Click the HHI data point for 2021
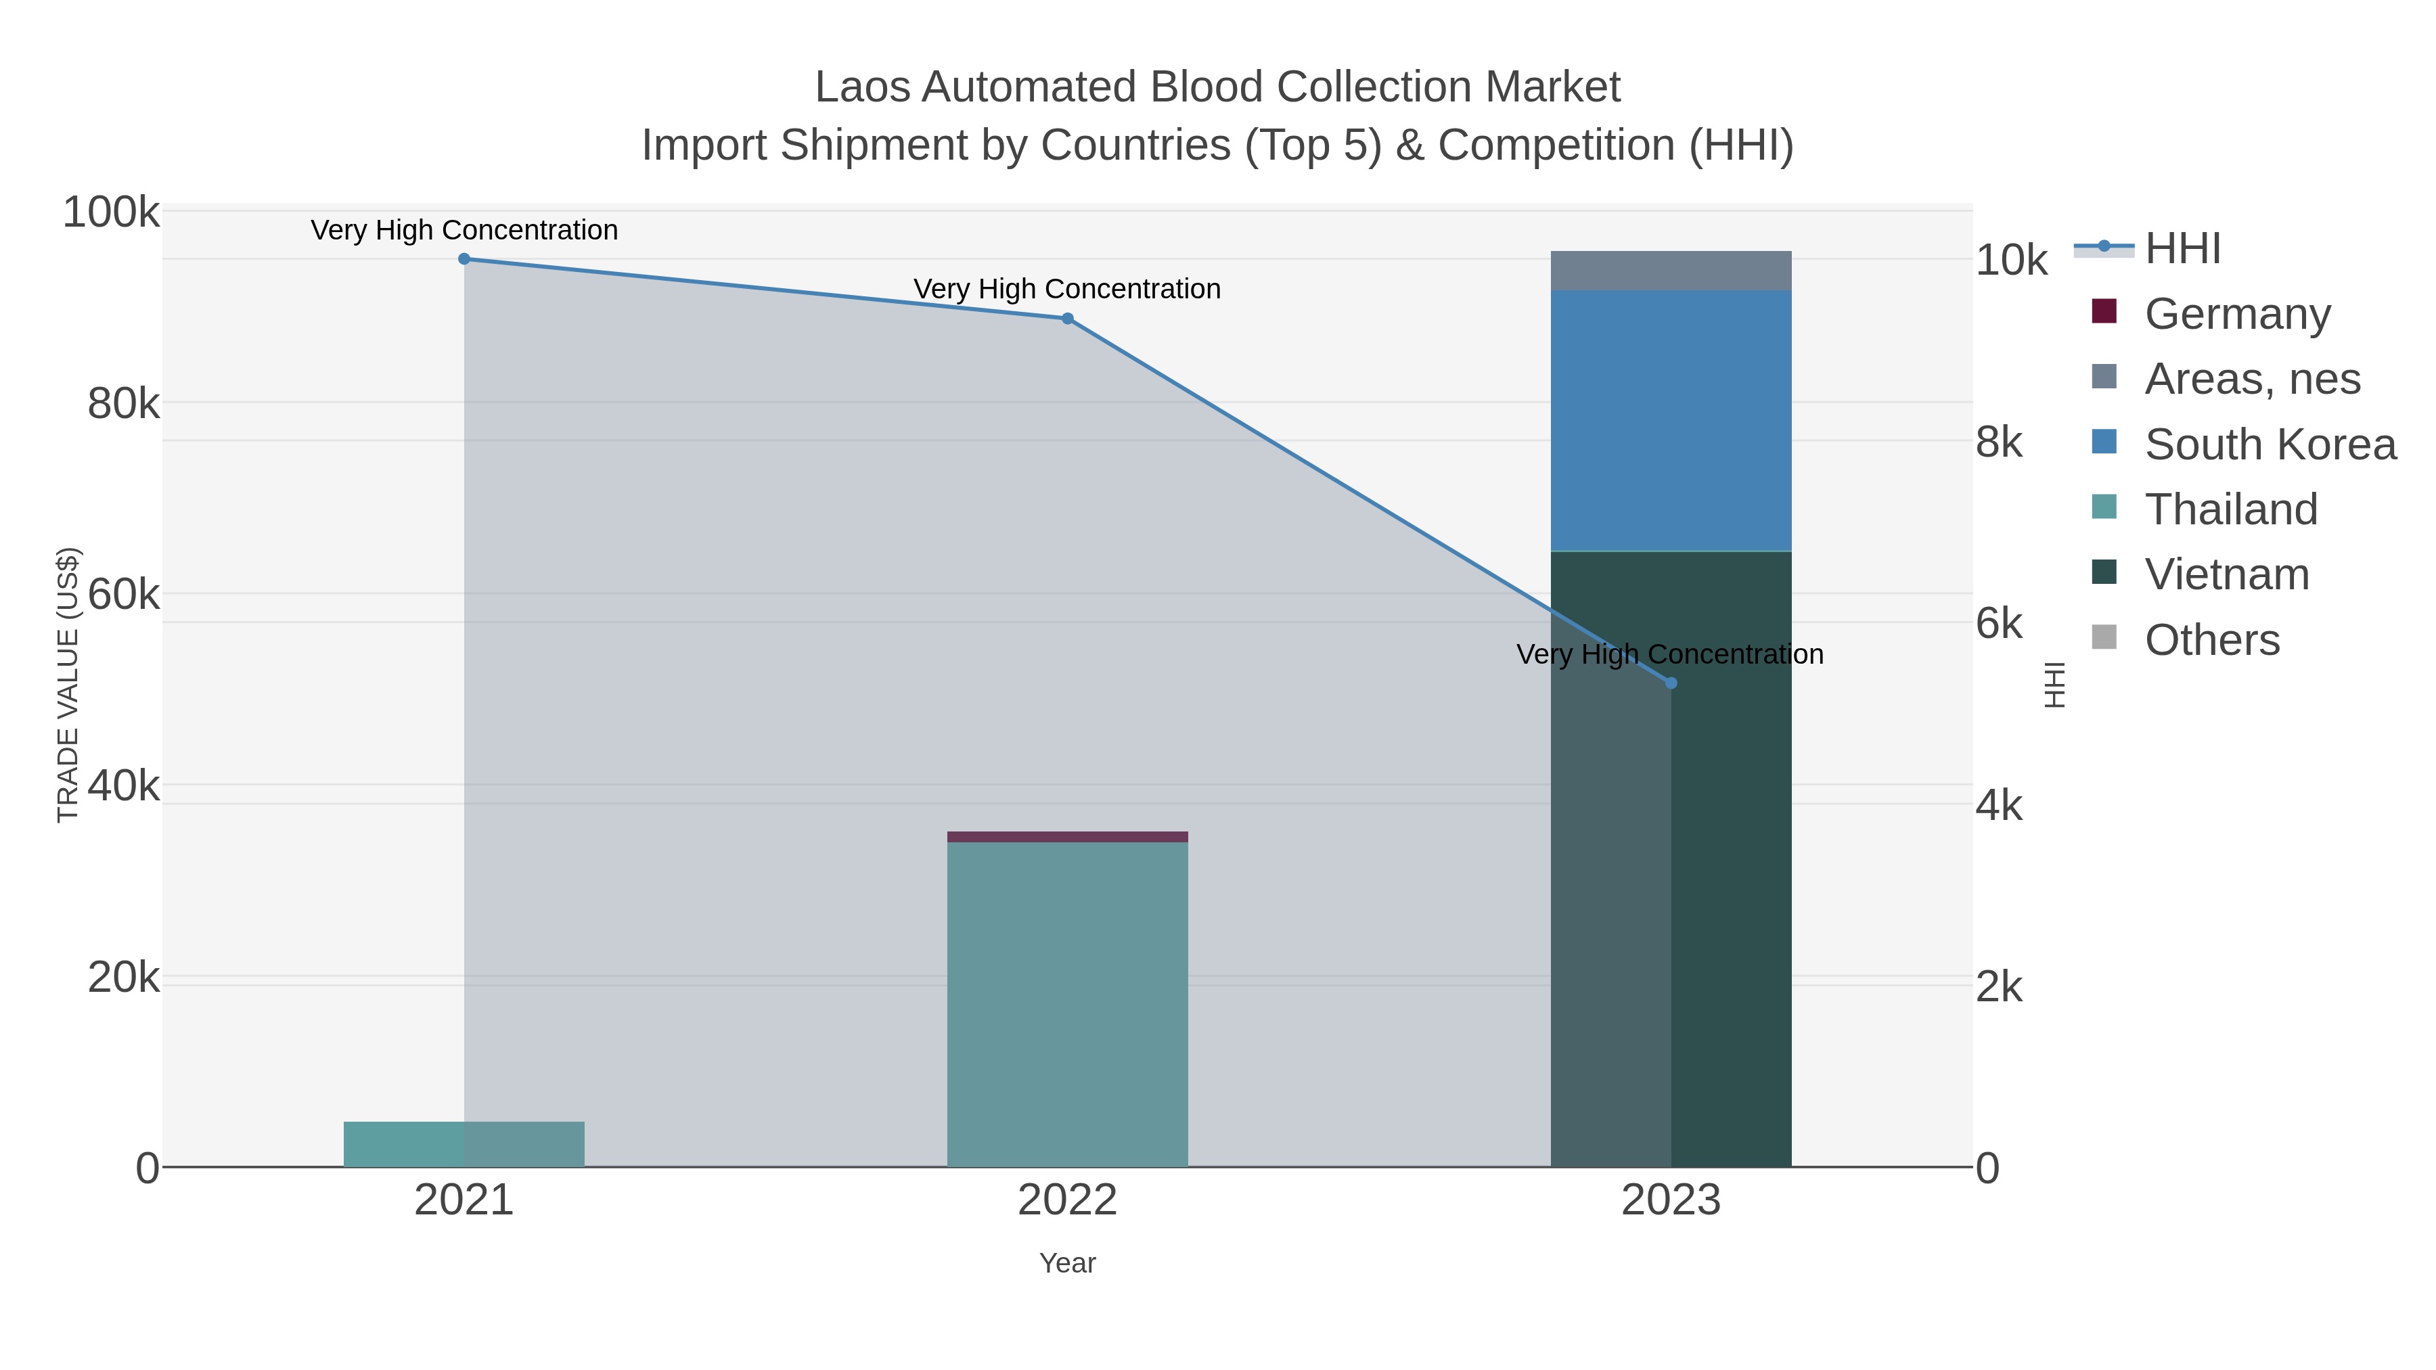click(464, 259)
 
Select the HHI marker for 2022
click(1068, 319)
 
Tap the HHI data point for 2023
click(1671, 683)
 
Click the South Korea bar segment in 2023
click(1671, 421)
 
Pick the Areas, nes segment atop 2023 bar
click(1671, 271)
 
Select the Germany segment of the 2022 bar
click(1068, 837)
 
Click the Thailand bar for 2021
click(464, 1144)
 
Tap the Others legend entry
click(2212, 640)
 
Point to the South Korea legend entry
click(2270, 444)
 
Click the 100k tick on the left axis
click(112, 212)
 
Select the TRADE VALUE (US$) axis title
click(68, 685)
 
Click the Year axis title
click(1068, 1263)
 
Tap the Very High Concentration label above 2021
click(464, 231)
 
